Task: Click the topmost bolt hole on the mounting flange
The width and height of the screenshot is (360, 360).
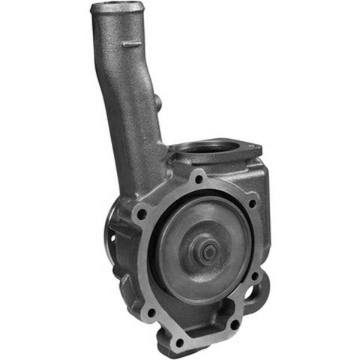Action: click(x=198, y=180)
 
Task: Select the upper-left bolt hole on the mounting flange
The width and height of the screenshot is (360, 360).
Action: click(x=141, y=215)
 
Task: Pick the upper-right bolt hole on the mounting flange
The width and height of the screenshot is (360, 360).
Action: click(x=252, y=203)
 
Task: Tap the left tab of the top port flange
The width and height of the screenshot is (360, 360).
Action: click(x=172, y=154)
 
